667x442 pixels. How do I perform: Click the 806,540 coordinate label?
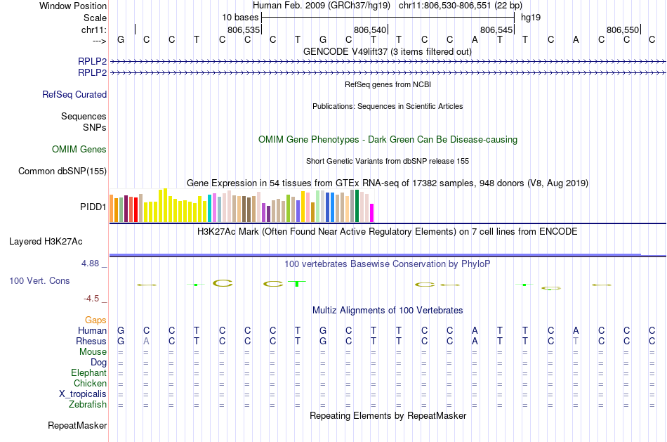pos(370,30)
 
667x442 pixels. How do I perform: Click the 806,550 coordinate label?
pos(623,30)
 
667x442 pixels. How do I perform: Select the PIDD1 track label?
pos(93,207)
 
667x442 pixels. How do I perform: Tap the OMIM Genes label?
pos(79,150)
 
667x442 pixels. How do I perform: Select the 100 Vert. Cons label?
pos(39,281)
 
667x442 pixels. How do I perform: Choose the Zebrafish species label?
pos(88,405)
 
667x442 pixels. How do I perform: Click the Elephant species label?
pos(88,373)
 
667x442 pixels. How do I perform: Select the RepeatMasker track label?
pos(77,426)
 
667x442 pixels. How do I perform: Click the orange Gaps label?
pos(95,320)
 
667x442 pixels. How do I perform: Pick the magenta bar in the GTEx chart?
pos(372,212)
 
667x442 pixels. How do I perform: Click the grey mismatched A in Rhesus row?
pos(146,342)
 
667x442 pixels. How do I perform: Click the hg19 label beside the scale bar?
pos(530,17)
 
